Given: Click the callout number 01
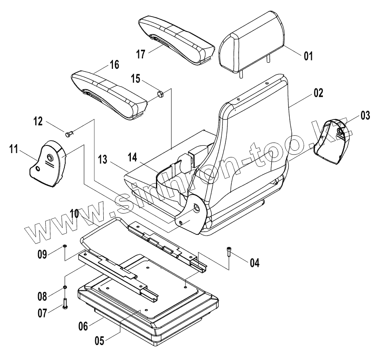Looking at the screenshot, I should click(308, 55).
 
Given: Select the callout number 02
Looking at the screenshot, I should click(318, 93).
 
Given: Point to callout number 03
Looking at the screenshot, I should click(365, 116).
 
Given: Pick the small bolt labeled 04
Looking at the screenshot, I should click(230, 252).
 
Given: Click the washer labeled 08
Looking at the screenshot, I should click(65, 288).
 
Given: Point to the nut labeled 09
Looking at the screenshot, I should click(64, 246).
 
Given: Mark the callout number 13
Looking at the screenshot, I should click(102, 160).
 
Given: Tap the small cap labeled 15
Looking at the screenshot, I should click(160, 94).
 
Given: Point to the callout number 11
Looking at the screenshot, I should click(13, 150).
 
